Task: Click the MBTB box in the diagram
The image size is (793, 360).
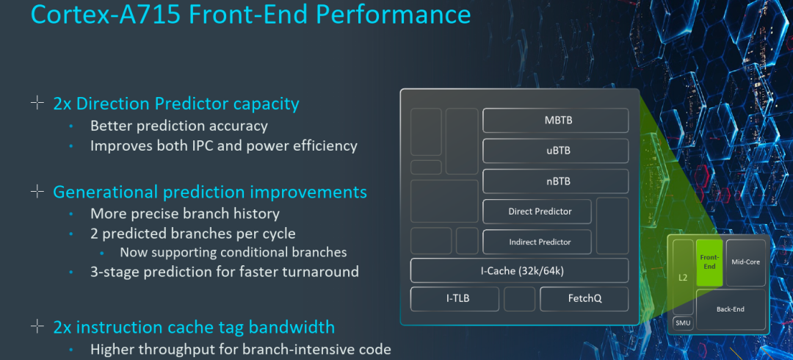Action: coord(555,120)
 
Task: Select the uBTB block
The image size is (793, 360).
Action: coord(555,151)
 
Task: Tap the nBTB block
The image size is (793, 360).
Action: coord(555,181)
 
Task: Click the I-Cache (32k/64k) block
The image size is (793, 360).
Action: coord(520,270)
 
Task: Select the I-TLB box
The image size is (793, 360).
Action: coord(455,299)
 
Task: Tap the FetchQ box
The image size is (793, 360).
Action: coord(584,299)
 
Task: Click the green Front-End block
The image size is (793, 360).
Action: coord(709,262)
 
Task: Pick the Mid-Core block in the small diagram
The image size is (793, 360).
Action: coord(746,262)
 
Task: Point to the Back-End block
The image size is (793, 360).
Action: coord(730,309)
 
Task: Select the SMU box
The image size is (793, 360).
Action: coord(683,323)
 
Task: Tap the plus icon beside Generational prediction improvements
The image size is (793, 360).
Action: coord(37,192)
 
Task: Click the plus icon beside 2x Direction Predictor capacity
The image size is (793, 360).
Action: coord(37,103)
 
